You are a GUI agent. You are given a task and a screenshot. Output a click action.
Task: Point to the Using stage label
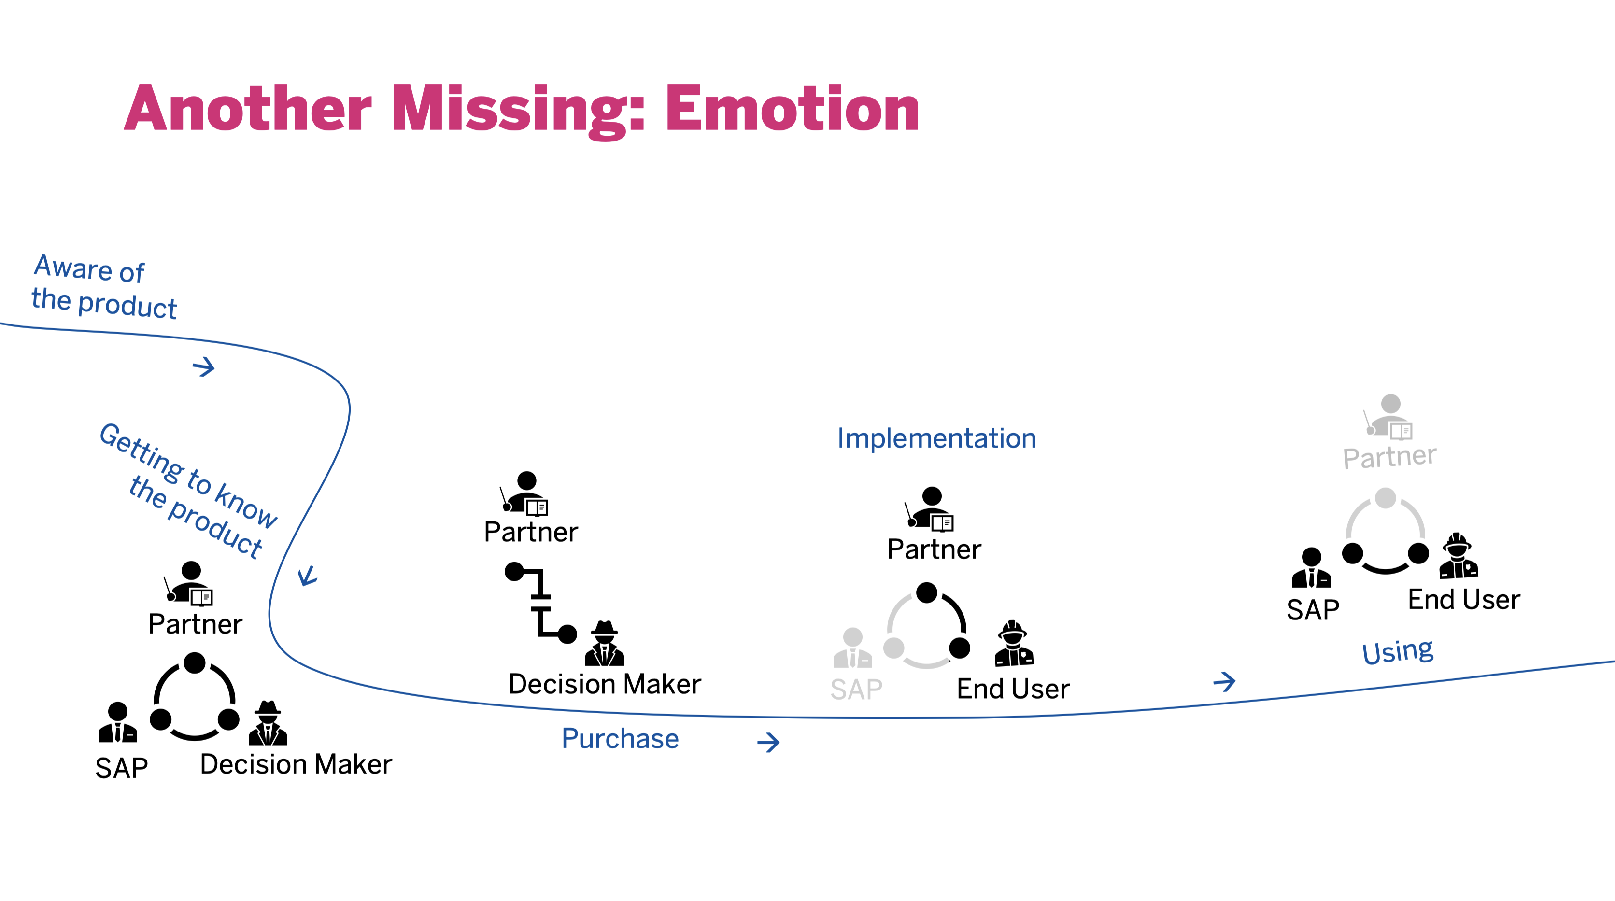[1398, 651]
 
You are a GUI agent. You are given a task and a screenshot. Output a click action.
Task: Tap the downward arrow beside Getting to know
[307, 576]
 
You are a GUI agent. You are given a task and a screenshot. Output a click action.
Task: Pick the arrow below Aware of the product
[203, 367]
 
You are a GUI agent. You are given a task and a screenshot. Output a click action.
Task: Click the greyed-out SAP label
[856, 689]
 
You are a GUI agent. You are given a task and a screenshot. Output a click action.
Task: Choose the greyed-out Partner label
[1389, 456]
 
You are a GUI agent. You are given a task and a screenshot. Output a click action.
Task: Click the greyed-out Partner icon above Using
[1388, 416]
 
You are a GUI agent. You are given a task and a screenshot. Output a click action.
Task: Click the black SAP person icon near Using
[1311, 567]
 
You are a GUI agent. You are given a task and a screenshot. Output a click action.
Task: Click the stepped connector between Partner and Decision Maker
[540, 603]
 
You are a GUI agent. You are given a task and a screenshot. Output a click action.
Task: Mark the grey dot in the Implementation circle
[893, 648]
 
